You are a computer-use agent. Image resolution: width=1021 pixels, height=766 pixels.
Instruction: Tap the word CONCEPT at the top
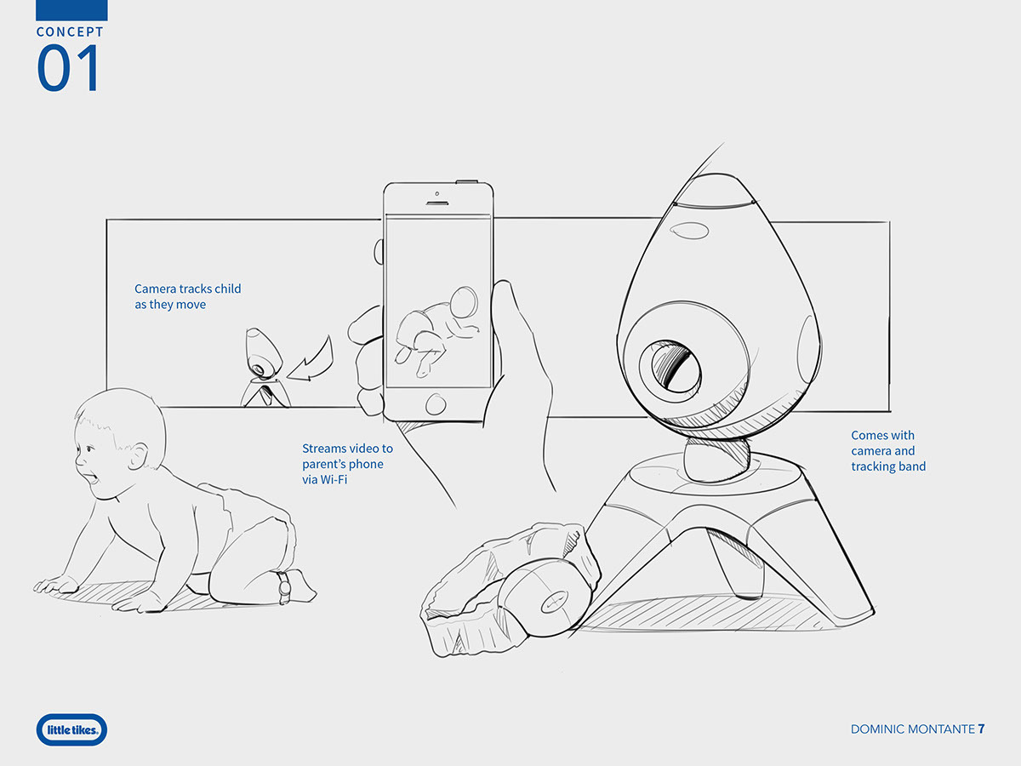70,31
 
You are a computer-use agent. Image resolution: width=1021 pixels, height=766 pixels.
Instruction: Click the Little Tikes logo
72,729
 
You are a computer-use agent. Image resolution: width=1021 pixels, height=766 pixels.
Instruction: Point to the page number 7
981,729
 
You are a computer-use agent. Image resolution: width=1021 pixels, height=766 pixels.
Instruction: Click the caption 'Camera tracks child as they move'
187,296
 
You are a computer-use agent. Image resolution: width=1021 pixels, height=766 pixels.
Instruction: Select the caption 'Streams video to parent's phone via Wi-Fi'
347,464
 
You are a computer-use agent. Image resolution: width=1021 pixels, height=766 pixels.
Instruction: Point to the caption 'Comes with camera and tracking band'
888,451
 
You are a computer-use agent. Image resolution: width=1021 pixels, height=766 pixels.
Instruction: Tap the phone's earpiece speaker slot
437,203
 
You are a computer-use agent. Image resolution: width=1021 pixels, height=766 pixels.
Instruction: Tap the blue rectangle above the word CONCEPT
71,10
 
